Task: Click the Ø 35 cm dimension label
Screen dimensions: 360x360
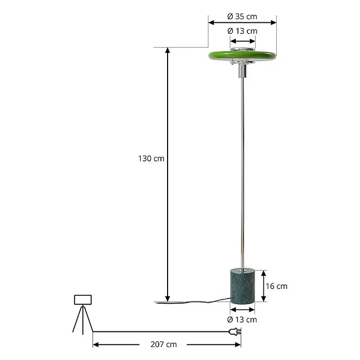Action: coord(242,17)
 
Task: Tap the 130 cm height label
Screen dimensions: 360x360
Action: coord(151,159)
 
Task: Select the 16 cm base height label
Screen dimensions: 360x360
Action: coord(276,286)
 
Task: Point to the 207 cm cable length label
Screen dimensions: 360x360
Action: coord(163,344)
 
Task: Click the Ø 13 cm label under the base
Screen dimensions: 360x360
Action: coord(242,320)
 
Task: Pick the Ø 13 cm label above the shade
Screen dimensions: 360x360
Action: coord(243,31)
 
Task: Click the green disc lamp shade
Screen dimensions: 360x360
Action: coord(242,56)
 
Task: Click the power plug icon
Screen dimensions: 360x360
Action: coord(235,332)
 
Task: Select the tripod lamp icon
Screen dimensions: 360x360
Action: coord(83,314)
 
